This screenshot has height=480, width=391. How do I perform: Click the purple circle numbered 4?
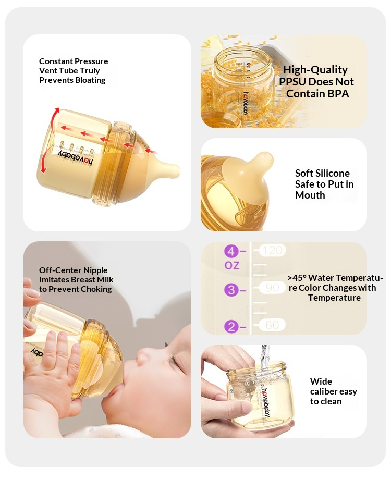point(231,251)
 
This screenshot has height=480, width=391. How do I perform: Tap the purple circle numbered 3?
point(231,290)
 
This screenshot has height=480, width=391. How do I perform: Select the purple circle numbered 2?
point(231,327)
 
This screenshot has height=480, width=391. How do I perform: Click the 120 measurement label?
point(272,250)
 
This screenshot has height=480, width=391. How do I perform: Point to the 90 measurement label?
point(272,288)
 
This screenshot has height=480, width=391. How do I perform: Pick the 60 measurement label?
point(272,325)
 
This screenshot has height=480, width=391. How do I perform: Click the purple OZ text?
point(232,265)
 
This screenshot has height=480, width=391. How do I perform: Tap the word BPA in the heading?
point(338,94)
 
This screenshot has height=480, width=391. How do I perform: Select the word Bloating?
point(90,80)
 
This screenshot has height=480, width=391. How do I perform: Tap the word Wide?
point(321,381)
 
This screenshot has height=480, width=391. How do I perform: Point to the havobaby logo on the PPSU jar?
point(246,103)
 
